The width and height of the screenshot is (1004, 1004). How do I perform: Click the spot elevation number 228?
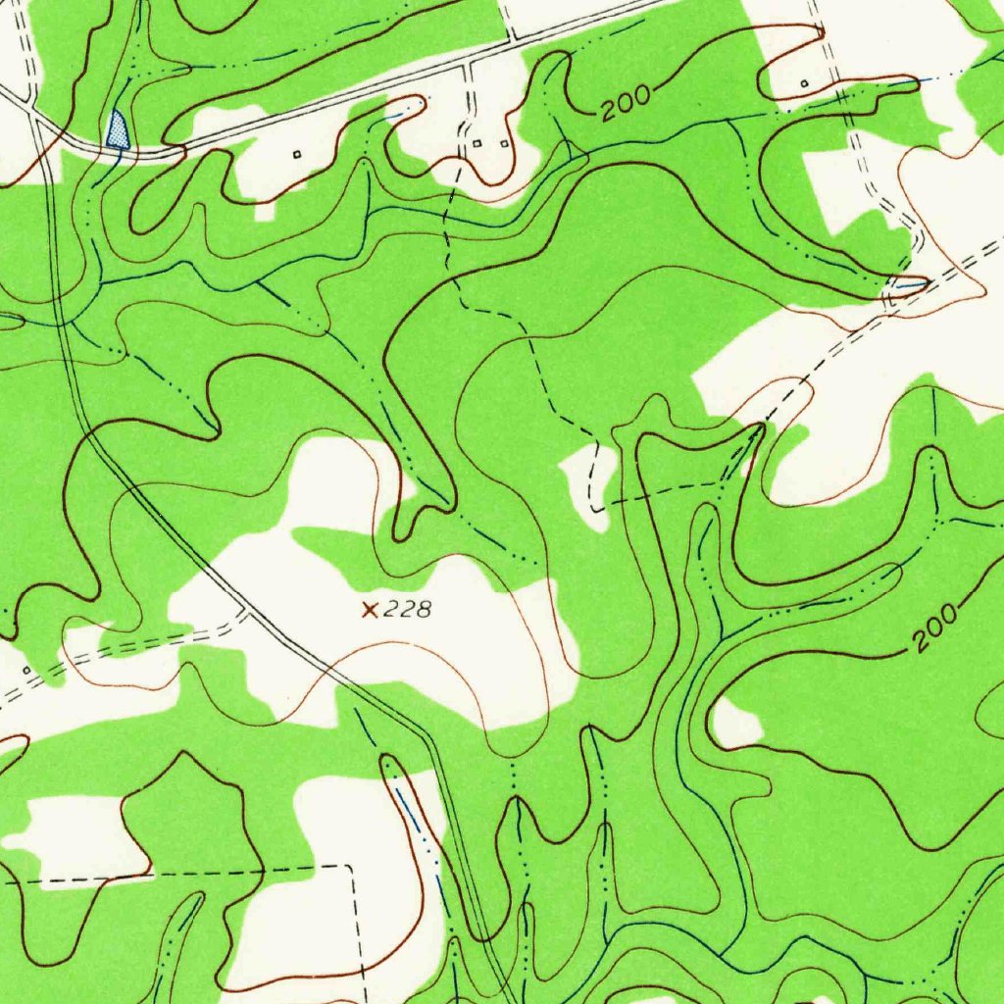tap(407, 610)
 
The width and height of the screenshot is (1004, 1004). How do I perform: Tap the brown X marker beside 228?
tap(370, 610)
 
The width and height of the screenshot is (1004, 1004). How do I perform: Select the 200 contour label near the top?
tap(626, 103)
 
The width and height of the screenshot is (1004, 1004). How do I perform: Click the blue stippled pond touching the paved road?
tap(118, 131)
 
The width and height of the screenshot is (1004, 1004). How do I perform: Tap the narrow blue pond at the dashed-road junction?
tap(908, 285)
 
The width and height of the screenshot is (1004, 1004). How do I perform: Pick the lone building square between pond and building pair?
tap(298, 154)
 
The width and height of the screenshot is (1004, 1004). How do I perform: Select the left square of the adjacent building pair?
tap(477, 144)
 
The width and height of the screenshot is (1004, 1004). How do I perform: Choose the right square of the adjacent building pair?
tap(505, 144)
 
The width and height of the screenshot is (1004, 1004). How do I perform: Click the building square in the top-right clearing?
tap(804, 84)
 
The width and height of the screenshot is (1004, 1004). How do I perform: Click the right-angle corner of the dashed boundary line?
tap(350, 867)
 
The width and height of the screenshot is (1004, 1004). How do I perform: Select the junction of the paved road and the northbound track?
tap(510, 41)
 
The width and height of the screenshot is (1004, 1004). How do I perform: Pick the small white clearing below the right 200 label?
tap(735, 724)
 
